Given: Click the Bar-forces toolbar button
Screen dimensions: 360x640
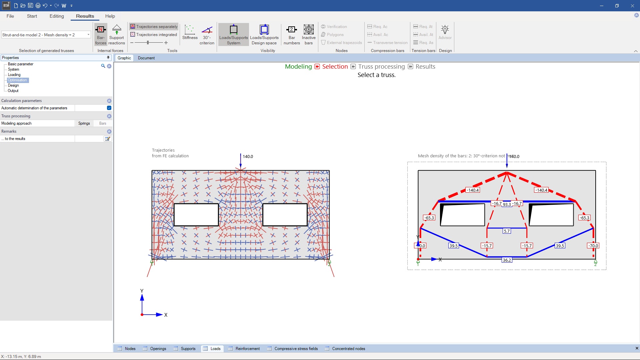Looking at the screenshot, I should [100, 34].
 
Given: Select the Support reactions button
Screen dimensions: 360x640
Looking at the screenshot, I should [117, 34].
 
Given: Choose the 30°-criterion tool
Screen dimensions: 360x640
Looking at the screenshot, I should [207, 34].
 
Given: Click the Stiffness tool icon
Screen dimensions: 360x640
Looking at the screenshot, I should [190, 30].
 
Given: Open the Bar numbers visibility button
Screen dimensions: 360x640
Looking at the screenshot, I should [292, 34].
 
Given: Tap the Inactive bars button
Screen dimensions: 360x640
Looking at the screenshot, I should [309, 34].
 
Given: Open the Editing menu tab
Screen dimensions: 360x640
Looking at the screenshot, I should [57, 16].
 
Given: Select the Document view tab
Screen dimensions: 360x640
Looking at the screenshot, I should [146, 58].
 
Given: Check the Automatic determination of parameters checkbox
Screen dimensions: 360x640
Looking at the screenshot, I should [109, 108].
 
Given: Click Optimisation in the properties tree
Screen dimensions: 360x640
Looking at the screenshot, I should [17, 80].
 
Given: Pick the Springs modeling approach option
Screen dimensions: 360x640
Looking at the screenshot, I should [84, 123].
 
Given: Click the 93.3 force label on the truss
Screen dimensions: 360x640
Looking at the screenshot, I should [507, 204].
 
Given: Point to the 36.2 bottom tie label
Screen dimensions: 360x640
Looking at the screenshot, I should [507, 260].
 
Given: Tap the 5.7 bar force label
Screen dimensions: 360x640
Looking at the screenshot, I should [507, 231].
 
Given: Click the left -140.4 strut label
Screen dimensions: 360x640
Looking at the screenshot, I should [472, 190].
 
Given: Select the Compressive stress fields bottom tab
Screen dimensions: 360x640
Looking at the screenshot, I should [296, 349].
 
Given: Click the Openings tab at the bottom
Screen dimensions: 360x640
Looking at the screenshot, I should [158, 349].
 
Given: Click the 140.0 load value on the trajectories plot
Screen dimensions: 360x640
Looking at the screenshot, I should [248, 156].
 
